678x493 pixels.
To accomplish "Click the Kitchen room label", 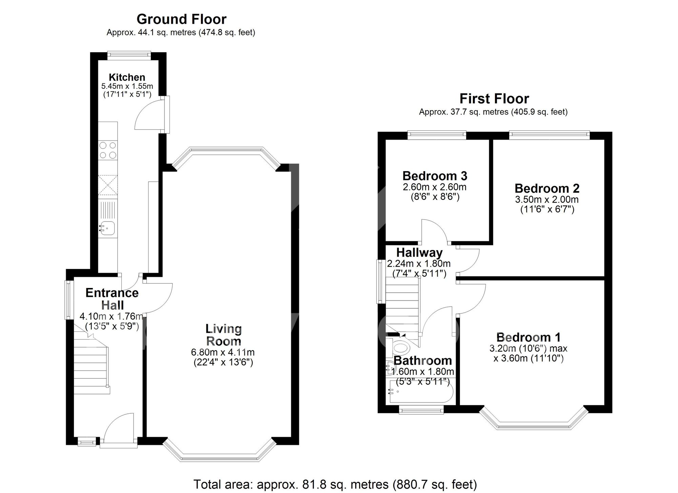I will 127,77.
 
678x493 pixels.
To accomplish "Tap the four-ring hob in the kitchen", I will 108,150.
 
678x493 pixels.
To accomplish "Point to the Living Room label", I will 223,335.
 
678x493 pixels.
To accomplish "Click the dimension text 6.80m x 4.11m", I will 223,352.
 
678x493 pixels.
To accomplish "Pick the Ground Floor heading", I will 181,19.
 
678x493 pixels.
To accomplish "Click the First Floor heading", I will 494,99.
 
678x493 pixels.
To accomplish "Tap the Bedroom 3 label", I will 435,176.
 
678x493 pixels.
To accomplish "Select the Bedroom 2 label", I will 547,188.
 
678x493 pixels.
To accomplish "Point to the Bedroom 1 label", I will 528,337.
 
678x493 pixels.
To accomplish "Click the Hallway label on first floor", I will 419,253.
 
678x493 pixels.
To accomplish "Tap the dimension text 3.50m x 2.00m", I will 546,200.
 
